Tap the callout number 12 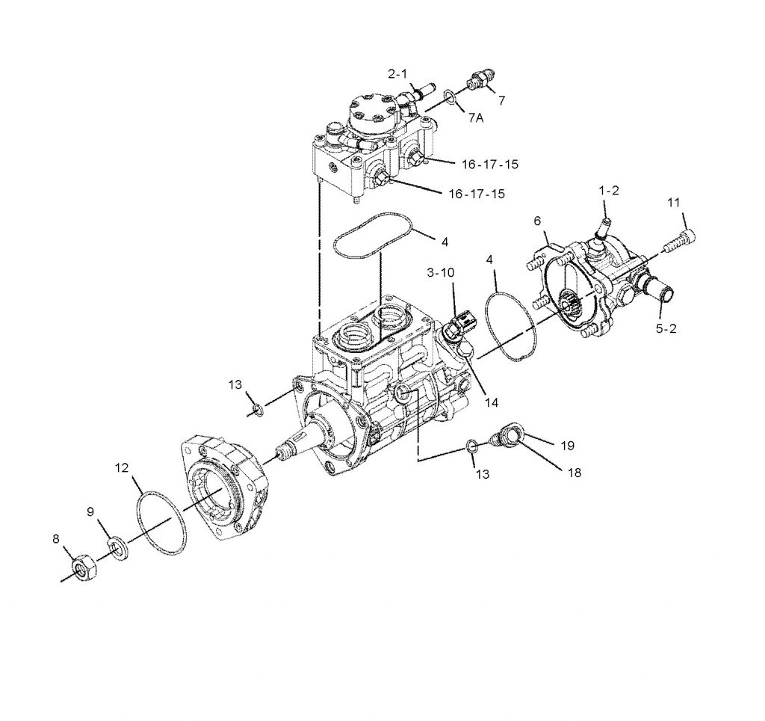123,469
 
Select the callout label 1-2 609,191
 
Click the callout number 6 536,221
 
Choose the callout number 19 567,445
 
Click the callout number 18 573,473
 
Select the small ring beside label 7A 449,96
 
